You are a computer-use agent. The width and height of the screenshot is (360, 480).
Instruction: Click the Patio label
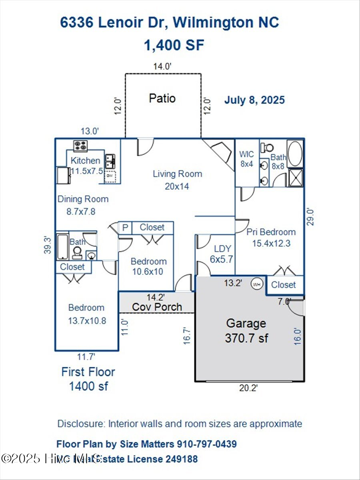click(162, 98)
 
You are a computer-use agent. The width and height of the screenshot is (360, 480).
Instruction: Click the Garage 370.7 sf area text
click(246, 338)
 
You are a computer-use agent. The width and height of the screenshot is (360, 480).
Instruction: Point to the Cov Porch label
click(157, 307)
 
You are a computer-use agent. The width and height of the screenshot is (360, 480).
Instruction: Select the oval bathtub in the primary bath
click(296, 154)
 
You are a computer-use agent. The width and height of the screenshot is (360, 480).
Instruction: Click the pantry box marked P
click(125, 228)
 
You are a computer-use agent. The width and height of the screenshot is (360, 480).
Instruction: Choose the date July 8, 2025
click(254, 100)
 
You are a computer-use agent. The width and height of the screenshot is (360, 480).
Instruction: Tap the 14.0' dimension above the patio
click(163, 67)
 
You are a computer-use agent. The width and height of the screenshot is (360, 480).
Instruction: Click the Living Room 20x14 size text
click(177, 186)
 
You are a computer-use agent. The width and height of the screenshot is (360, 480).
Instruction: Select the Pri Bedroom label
click(271, 232)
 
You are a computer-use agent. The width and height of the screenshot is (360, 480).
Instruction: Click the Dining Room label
click(83, 199)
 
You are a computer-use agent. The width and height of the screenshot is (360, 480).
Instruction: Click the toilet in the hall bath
click(77, 252)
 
